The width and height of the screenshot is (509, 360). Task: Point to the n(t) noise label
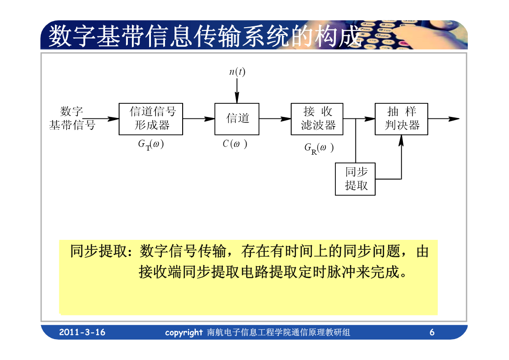click(x=237, y=72)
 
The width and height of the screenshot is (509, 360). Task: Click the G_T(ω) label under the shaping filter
click(x=151, y=145)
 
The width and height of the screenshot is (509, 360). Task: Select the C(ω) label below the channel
click(x=235, y=144)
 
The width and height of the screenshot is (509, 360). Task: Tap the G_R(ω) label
click(x=319, y=149)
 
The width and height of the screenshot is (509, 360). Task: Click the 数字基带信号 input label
click(x=72, y=118)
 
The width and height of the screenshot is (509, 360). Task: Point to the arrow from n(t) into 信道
click(x=237, y=91)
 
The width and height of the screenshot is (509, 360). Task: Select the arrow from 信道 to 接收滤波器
click(x=275, y=119)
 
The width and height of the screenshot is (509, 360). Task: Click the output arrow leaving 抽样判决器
click(x=444, y=119)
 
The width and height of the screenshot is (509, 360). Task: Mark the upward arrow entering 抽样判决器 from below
click(x=401, y=157)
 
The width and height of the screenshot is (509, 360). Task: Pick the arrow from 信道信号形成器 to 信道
click(x=199, y=119)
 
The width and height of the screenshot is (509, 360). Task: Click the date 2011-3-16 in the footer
click(x=82, y=332)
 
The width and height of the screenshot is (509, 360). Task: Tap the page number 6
click(x=432, y=332)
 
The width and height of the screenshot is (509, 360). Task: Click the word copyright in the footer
click(x=184, y=333)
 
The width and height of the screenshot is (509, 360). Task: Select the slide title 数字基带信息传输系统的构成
click(x=205, y=36)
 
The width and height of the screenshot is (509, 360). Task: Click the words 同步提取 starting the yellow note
click(x=98, y=251)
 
